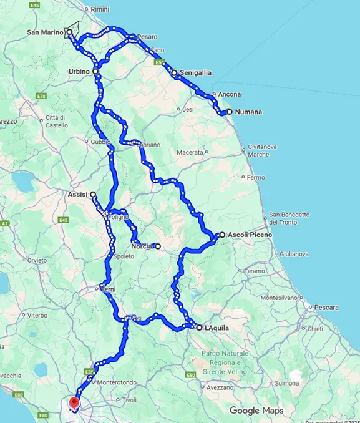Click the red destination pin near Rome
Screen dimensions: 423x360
74,404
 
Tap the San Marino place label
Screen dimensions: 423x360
45,32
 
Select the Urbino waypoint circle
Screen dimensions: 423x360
95,72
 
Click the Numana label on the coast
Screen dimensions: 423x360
248,112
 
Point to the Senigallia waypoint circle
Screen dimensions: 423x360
174,73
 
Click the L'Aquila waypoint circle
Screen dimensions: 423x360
199,328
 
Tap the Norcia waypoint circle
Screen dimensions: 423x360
158,246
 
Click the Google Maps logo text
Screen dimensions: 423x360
256,411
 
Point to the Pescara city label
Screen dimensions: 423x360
326,308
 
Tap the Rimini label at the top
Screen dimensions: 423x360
100,10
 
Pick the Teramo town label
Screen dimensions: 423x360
255,271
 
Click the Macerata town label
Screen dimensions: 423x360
190,152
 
